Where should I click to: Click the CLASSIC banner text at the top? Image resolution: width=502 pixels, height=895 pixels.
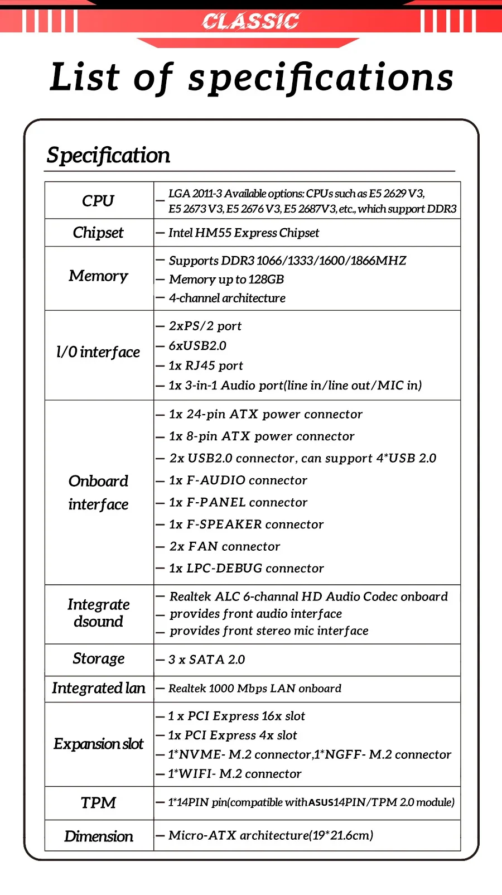coord(250,21)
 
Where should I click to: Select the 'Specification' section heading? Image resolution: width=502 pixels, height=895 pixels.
coord(108,155)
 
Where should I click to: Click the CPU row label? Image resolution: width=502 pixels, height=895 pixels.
coord(98,200)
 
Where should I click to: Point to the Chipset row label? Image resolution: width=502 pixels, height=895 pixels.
coord(98,233)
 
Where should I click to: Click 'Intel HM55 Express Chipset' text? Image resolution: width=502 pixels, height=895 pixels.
coord(244,233)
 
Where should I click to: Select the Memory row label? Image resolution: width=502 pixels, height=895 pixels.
coord(98,276)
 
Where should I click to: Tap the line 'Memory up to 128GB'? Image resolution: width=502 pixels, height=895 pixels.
coord(226,280)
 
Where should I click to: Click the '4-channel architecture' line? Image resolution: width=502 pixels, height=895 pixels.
coord(227,298)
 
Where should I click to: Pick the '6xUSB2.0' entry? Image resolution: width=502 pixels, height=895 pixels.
coord(197,346)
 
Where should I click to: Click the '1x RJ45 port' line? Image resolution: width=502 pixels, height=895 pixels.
coord(206,365)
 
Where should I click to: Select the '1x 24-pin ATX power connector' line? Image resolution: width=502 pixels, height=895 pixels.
coord(266,414)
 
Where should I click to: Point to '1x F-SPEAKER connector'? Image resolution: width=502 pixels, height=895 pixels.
coord(246,525)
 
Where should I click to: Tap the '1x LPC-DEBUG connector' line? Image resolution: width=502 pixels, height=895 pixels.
coord(246,568)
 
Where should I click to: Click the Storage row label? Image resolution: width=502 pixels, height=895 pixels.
coord(99,659)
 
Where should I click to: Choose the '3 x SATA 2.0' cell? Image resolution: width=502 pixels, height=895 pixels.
coord(207,660)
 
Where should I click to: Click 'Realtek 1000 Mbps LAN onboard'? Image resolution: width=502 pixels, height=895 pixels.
coord(255,689)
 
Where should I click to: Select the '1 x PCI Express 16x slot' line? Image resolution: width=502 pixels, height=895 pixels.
coord(236,716)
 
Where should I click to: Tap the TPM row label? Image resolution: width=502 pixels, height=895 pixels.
coord(98,802)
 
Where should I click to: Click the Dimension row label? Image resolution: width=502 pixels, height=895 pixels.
coord(99,836)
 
